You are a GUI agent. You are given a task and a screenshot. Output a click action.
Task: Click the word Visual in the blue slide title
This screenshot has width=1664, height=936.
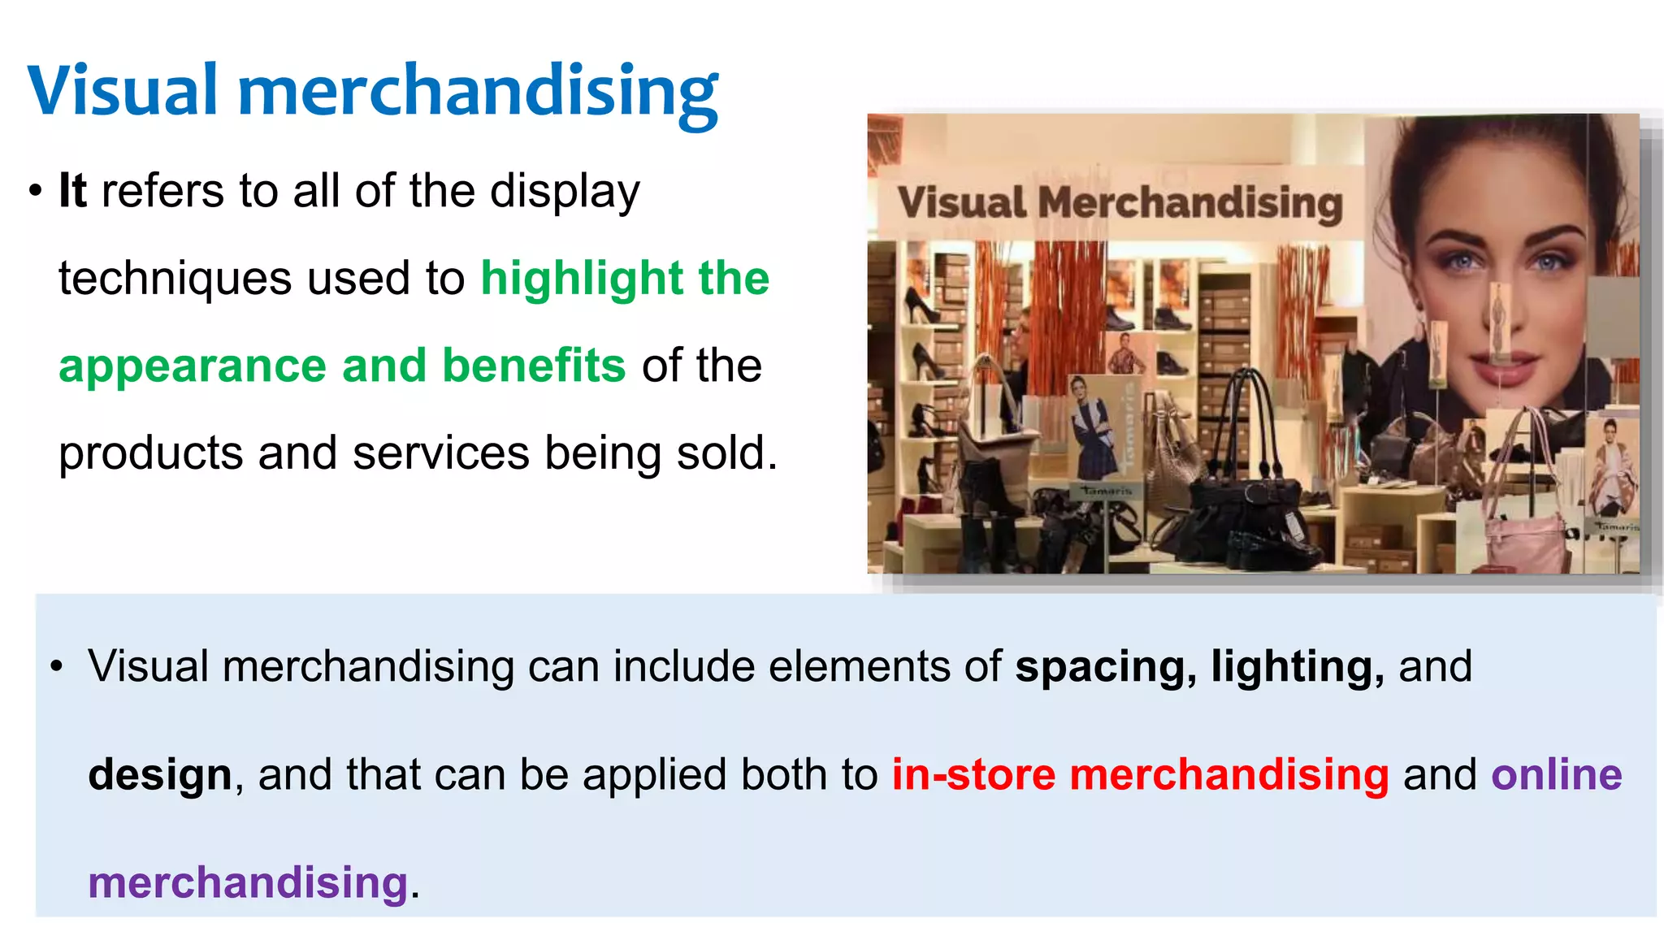123,91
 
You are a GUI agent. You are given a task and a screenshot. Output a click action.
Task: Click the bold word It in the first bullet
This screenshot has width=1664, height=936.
72,192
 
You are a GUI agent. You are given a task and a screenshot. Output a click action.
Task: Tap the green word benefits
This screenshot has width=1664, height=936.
534,366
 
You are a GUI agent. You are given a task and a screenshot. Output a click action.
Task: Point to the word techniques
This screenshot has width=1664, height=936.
175,279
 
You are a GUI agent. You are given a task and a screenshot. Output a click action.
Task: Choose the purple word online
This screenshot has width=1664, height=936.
1556,775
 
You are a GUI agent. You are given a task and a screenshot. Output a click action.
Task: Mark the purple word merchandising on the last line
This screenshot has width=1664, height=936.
247,883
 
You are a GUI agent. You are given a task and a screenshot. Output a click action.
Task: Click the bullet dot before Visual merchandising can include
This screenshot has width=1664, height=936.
56,668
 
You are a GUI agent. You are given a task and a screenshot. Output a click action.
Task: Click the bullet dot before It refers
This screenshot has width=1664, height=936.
35,193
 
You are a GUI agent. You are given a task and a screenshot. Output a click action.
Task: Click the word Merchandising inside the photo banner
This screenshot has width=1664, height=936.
1189,203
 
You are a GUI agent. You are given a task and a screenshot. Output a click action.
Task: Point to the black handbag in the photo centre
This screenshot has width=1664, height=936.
1243,504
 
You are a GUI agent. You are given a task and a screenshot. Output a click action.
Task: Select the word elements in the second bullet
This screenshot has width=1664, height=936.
860,668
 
